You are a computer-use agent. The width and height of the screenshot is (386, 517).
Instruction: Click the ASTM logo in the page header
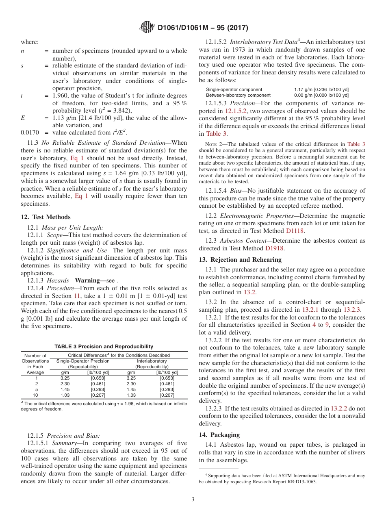pyautogui.click(x=147, y=27)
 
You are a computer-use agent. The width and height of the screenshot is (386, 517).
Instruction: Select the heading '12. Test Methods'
pyautogui.click(x=46, y=217)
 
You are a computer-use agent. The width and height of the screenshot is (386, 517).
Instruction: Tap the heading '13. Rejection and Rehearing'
pyautogui.click(x=240, y=260)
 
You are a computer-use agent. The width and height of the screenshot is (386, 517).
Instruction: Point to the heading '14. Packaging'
pyautogui.click(x=219, y=434)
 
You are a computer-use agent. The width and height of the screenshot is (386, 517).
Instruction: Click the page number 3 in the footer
pyautogui.click(x=193, y=500)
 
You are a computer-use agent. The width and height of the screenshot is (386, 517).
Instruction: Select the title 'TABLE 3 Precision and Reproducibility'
pyautogui.click(x=104, y=347)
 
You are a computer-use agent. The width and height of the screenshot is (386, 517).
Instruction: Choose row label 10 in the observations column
pyautogui.click(x=35, y=395)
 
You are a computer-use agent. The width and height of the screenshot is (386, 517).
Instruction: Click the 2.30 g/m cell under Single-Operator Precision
pyautogui.click(x=65, y=384)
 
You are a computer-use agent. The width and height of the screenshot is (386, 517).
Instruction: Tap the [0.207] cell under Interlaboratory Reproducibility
pyautogui.click(x=167, y=395)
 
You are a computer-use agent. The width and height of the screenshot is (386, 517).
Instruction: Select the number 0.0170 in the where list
pyautogui.click(x=29, y=133)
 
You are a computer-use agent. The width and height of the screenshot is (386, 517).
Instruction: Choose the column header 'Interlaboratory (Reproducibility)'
pyautogui.click(x=152, y=364)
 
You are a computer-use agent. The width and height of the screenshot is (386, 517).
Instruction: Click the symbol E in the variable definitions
pyautogui.click(x=22, y=118)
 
